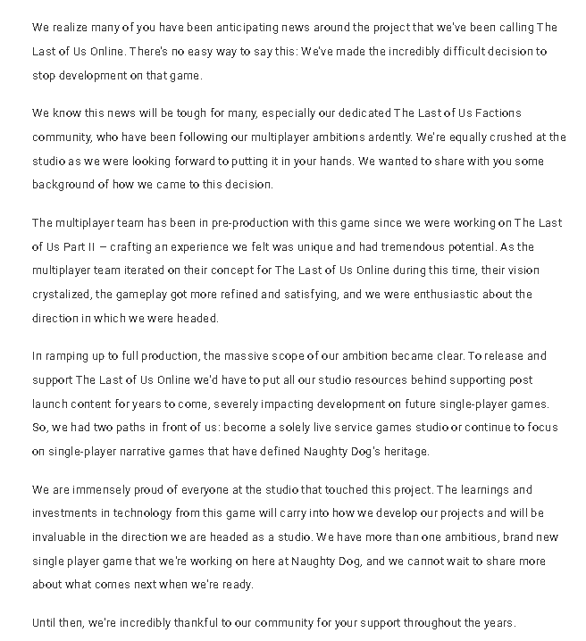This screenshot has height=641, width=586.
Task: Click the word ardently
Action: pyautogui.click(x=398, y=137)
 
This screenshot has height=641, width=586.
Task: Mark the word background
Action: pyautogui.click(x=65, y=185)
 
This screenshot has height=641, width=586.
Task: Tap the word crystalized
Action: pyautogui.click(x=64, y=294)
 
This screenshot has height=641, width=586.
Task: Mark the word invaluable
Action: pyautogui.click(x=65, y=537)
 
